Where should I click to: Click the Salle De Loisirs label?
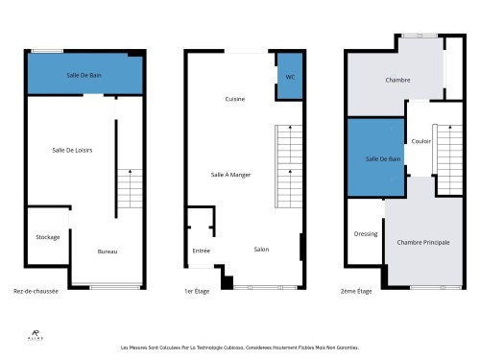click(x=72, y=149)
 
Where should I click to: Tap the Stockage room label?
click(x=48, y=237)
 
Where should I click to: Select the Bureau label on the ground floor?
click(x=108, y=252)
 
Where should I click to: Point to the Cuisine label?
click(x=234, y=99)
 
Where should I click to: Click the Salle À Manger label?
click(x=230, y=174)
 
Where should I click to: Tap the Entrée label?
click(x=201, y=251)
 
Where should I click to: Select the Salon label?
click(x=261, y=250)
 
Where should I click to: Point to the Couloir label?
click(x=420, y=141)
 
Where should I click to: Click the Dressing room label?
click(x=365, y=233)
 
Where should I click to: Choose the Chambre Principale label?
click(x=423, y=242)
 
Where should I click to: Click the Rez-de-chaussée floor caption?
click(x=36, y=291)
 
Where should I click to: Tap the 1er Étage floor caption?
click(x=196, y=291)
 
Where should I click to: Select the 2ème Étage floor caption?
click(x=357, y=291)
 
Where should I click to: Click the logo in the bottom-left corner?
click(x=34, y=334)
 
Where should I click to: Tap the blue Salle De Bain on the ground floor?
click(x=85, y=74)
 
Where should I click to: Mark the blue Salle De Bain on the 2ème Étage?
click(x=374, y=157)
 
